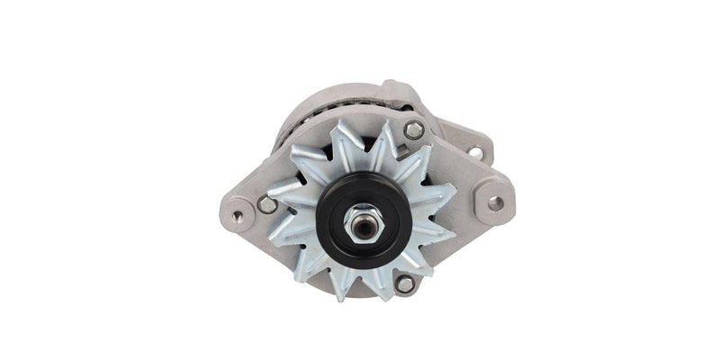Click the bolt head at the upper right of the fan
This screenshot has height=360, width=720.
[x=414, y=130]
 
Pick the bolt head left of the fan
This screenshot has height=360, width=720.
[x=266, y=205]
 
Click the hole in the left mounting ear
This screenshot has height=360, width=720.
[x=238, y=216]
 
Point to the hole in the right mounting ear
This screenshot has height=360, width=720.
[x=495, y=203]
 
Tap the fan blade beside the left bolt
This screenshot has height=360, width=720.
[x=286, y=193]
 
